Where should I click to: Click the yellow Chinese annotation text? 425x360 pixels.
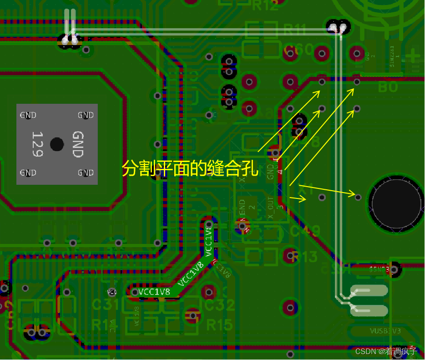point(190,169)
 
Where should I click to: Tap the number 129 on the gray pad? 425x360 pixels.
point(37,144)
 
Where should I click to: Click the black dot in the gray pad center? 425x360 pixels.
point(57,144)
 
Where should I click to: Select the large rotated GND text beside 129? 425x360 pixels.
point(78,144)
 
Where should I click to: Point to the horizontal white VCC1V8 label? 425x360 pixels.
point(154,292)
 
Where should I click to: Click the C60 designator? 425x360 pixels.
point(298,49)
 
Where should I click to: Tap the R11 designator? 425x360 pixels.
point(294,30)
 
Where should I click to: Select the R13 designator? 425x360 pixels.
point(304,257)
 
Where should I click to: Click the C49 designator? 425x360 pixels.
point(305,232)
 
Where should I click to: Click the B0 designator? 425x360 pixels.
point(388,86)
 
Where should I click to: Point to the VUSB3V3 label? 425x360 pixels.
point(385,331)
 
